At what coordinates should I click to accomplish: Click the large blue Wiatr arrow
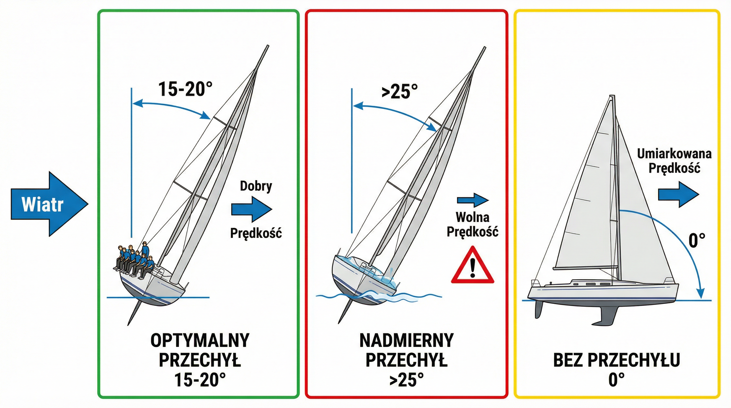click(x=47, y=204)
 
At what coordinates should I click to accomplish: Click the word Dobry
click(x=256, y=186)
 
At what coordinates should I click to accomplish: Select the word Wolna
click(x=473, y=217)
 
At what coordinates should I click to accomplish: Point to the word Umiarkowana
click(x=674, y=154)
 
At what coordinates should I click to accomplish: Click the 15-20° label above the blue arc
click(x=185, y=89)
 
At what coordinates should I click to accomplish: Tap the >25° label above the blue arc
click(x=399, y=91)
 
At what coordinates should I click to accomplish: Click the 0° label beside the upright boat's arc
click(x=697, y=241)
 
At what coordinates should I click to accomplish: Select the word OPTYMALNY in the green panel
click(x=200, y=340)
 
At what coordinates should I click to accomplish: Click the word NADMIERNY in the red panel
click(x=406, y=340)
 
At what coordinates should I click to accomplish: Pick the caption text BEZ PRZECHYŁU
click(x=616, y=360)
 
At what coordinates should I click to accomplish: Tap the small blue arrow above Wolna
click(x=473, y=200)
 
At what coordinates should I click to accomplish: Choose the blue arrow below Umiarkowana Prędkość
click(x=678, y=195)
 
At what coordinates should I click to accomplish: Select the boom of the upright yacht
click(x=586, y=267)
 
